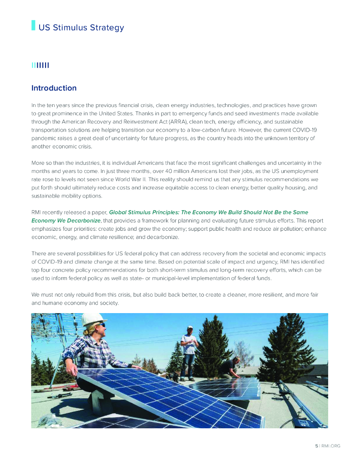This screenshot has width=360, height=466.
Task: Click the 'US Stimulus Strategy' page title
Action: coord(81,27)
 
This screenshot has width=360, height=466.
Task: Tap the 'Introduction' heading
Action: coord(54,88)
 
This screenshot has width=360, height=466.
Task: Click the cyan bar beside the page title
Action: coord(33,25)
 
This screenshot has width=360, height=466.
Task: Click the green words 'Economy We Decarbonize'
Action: coord(66,221)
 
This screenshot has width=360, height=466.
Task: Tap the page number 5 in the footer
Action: coord(317,446)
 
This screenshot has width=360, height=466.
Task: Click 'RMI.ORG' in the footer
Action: coord(331,446)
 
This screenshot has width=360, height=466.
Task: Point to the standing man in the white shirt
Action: coord(188,348)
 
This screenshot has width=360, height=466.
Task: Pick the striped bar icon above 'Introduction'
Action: coord(40,66)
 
